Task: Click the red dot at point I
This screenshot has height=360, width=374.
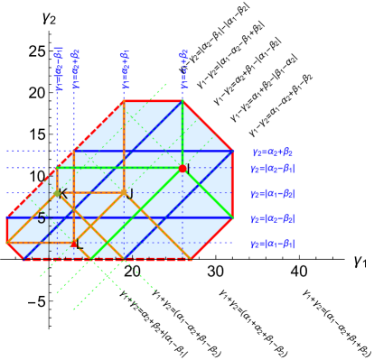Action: click(x=182, y=169)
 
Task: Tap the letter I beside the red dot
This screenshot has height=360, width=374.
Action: click(x=189, y=169)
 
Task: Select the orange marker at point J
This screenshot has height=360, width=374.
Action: click(x=124, y=192)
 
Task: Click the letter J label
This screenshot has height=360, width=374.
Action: click(x=131, y=194)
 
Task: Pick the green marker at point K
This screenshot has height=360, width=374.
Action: click(x=57, y=192)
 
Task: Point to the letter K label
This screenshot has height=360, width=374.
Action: click(x=63, y=194)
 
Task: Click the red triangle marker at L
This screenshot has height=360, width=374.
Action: click(x=74, y=243)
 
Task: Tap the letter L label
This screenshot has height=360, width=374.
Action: click(x=80, y=245)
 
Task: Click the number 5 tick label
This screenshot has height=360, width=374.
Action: click(x=42, y=218)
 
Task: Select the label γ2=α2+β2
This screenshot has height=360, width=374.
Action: click(x=272, y=152)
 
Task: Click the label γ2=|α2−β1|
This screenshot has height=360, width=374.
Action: click(x=272, y=168)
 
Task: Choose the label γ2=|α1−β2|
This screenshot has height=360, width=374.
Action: click(x=272, y=193)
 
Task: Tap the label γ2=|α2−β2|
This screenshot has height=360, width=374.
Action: click(x=272, y=218)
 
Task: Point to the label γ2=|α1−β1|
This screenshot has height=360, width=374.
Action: click(x=272, y=244)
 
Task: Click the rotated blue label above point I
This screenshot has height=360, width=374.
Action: click(x=183, y=69)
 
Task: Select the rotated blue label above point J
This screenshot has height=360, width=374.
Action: click(x=125, y=69)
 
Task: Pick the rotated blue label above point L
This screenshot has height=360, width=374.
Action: click(x=75, y=69)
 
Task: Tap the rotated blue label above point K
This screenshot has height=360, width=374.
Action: click(x=58, y=69)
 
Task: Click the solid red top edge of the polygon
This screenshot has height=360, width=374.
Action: click(x=154, y=101)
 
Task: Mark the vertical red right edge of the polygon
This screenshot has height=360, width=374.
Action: click(x=233, y=184)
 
